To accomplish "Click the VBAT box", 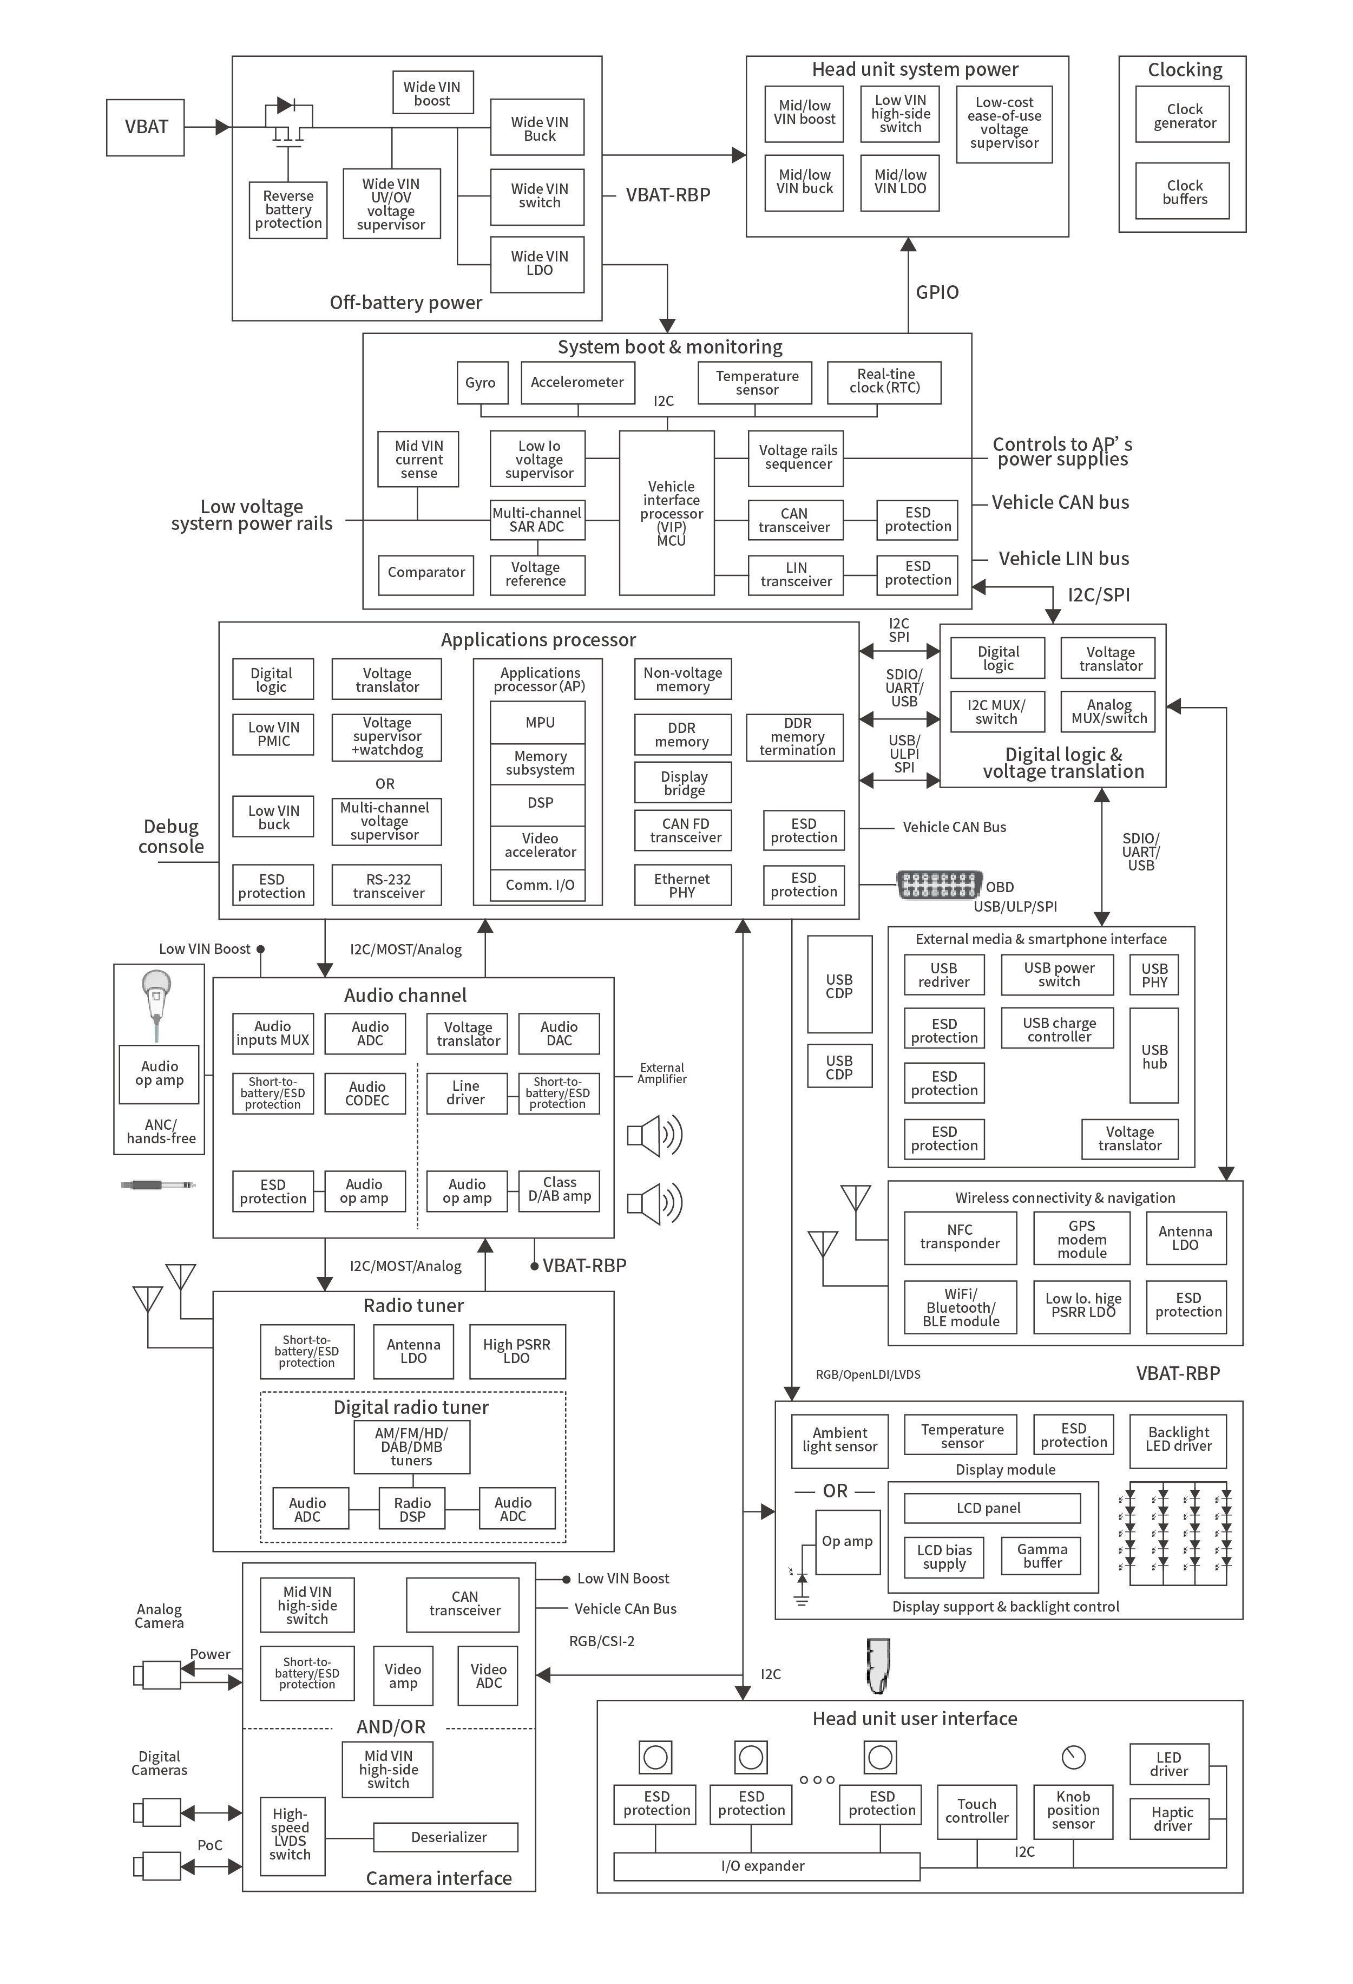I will point(145,127).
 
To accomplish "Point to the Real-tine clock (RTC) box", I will point(884,381).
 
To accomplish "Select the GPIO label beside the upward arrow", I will point(936,292).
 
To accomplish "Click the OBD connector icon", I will point(938,885).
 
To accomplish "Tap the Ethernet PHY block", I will point(682,885).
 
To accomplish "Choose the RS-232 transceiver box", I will point(387,885).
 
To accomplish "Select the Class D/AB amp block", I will point(559,1190).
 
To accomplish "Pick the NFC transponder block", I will point(960,1237).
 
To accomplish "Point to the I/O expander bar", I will point(766,1866).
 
